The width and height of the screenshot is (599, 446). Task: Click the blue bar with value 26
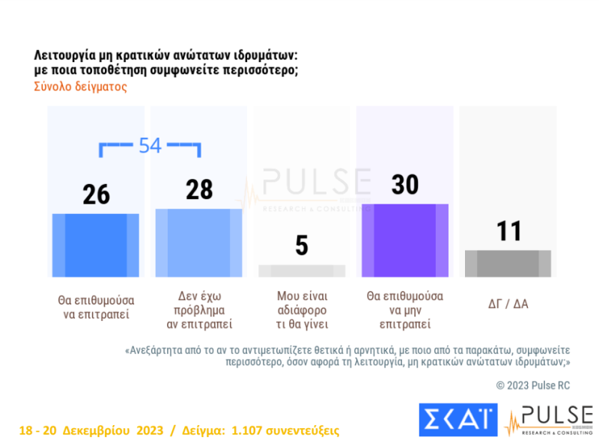95,245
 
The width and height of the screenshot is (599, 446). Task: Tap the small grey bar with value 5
302,271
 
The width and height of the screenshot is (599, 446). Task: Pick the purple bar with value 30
405,240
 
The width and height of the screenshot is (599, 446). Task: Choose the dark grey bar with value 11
508,263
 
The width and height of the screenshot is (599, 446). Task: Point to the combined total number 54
150,146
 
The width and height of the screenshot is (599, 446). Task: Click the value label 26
96,194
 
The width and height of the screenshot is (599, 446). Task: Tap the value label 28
199,189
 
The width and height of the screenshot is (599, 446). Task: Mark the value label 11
509,231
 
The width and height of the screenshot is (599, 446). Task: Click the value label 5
302,245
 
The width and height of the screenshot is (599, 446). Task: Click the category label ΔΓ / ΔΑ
508,304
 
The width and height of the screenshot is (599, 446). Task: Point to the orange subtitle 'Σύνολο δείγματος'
81,86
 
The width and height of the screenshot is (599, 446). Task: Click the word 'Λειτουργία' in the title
64,55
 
